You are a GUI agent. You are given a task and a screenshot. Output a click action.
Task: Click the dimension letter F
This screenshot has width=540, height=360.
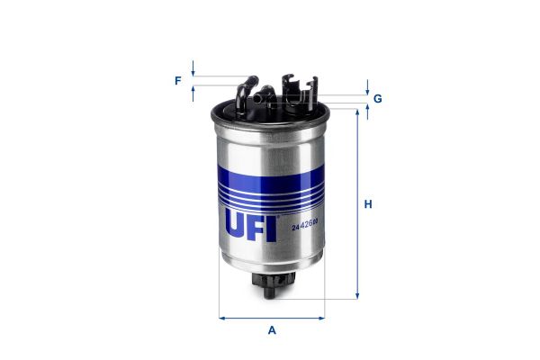[x=178, y=81]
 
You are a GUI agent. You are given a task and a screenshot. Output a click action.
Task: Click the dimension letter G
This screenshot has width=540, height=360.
[x=378, y=98]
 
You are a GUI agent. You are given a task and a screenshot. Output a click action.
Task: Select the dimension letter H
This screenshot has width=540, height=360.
[x=368, y=204]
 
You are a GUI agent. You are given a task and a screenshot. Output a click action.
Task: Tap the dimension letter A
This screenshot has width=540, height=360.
[x=272, y=330]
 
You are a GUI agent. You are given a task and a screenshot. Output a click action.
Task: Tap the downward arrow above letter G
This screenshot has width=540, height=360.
[x=367, y=89]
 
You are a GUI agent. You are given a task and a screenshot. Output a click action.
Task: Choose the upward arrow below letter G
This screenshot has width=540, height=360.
[x=367, y=110]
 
